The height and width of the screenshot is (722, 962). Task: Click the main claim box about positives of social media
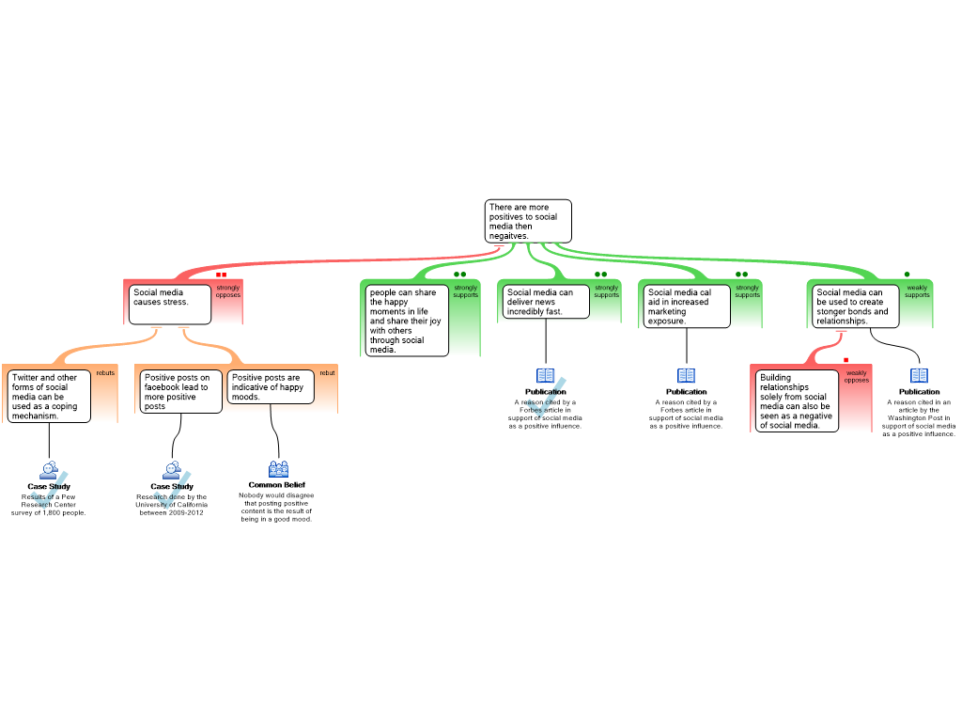528,221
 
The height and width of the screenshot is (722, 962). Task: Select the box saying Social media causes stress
169,304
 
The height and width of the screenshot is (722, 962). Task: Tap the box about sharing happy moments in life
407,321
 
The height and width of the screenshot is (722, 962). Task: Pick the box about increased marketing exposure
687,306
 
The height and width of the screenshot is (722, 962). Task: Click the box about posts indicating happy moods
271,386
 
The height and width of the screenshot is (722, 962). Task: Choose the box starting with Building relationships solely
797,400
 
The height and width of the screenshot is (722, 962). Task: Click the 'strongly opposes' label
228,291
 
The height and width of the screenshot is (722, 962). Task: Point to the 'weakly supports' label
917,291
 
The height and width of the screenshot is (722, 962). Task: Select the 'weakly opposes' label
857,376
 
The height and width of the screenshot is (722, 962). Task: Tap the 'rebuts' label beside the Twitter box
105,373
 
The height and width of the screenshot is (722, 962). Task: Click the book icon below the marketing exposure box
687,376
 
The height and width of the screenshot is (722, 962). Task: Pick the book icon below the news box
546,376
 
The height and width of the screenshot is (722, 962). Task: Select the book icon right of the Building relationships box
919,376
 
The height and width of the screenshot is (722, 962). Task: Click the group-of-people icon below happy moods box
278,469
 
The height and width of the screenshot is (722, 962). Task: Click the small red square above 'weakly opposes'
846,360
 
